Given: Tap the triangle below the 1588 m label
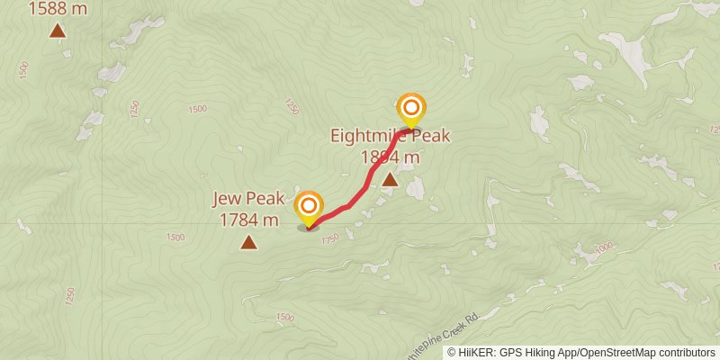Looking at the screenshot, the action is (x=58, y=32).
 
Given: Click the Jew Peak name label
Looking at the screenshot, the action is (x=248, y=199).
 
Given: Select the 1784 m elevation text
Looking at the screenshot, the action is (x=248, y=219).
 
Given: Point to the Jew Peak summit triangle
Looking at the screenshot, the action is (x=248, y=241).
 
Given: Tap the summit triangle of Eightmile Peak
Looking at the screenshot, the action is (x=390, y=180).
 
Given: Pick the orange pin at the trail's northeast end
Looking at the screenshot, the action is (x=411, y=111).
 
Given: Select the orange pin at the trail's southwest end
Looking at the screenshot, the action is (x=309, y=208).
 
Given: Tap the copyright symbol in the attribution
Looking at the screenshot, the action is (x=453, y=352).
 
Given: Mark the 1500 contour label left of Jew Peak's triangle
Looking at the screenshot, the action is (x=175, y=238).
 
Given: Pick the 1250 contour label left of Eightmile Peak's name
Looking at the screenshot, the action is (x=290, y=106).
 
